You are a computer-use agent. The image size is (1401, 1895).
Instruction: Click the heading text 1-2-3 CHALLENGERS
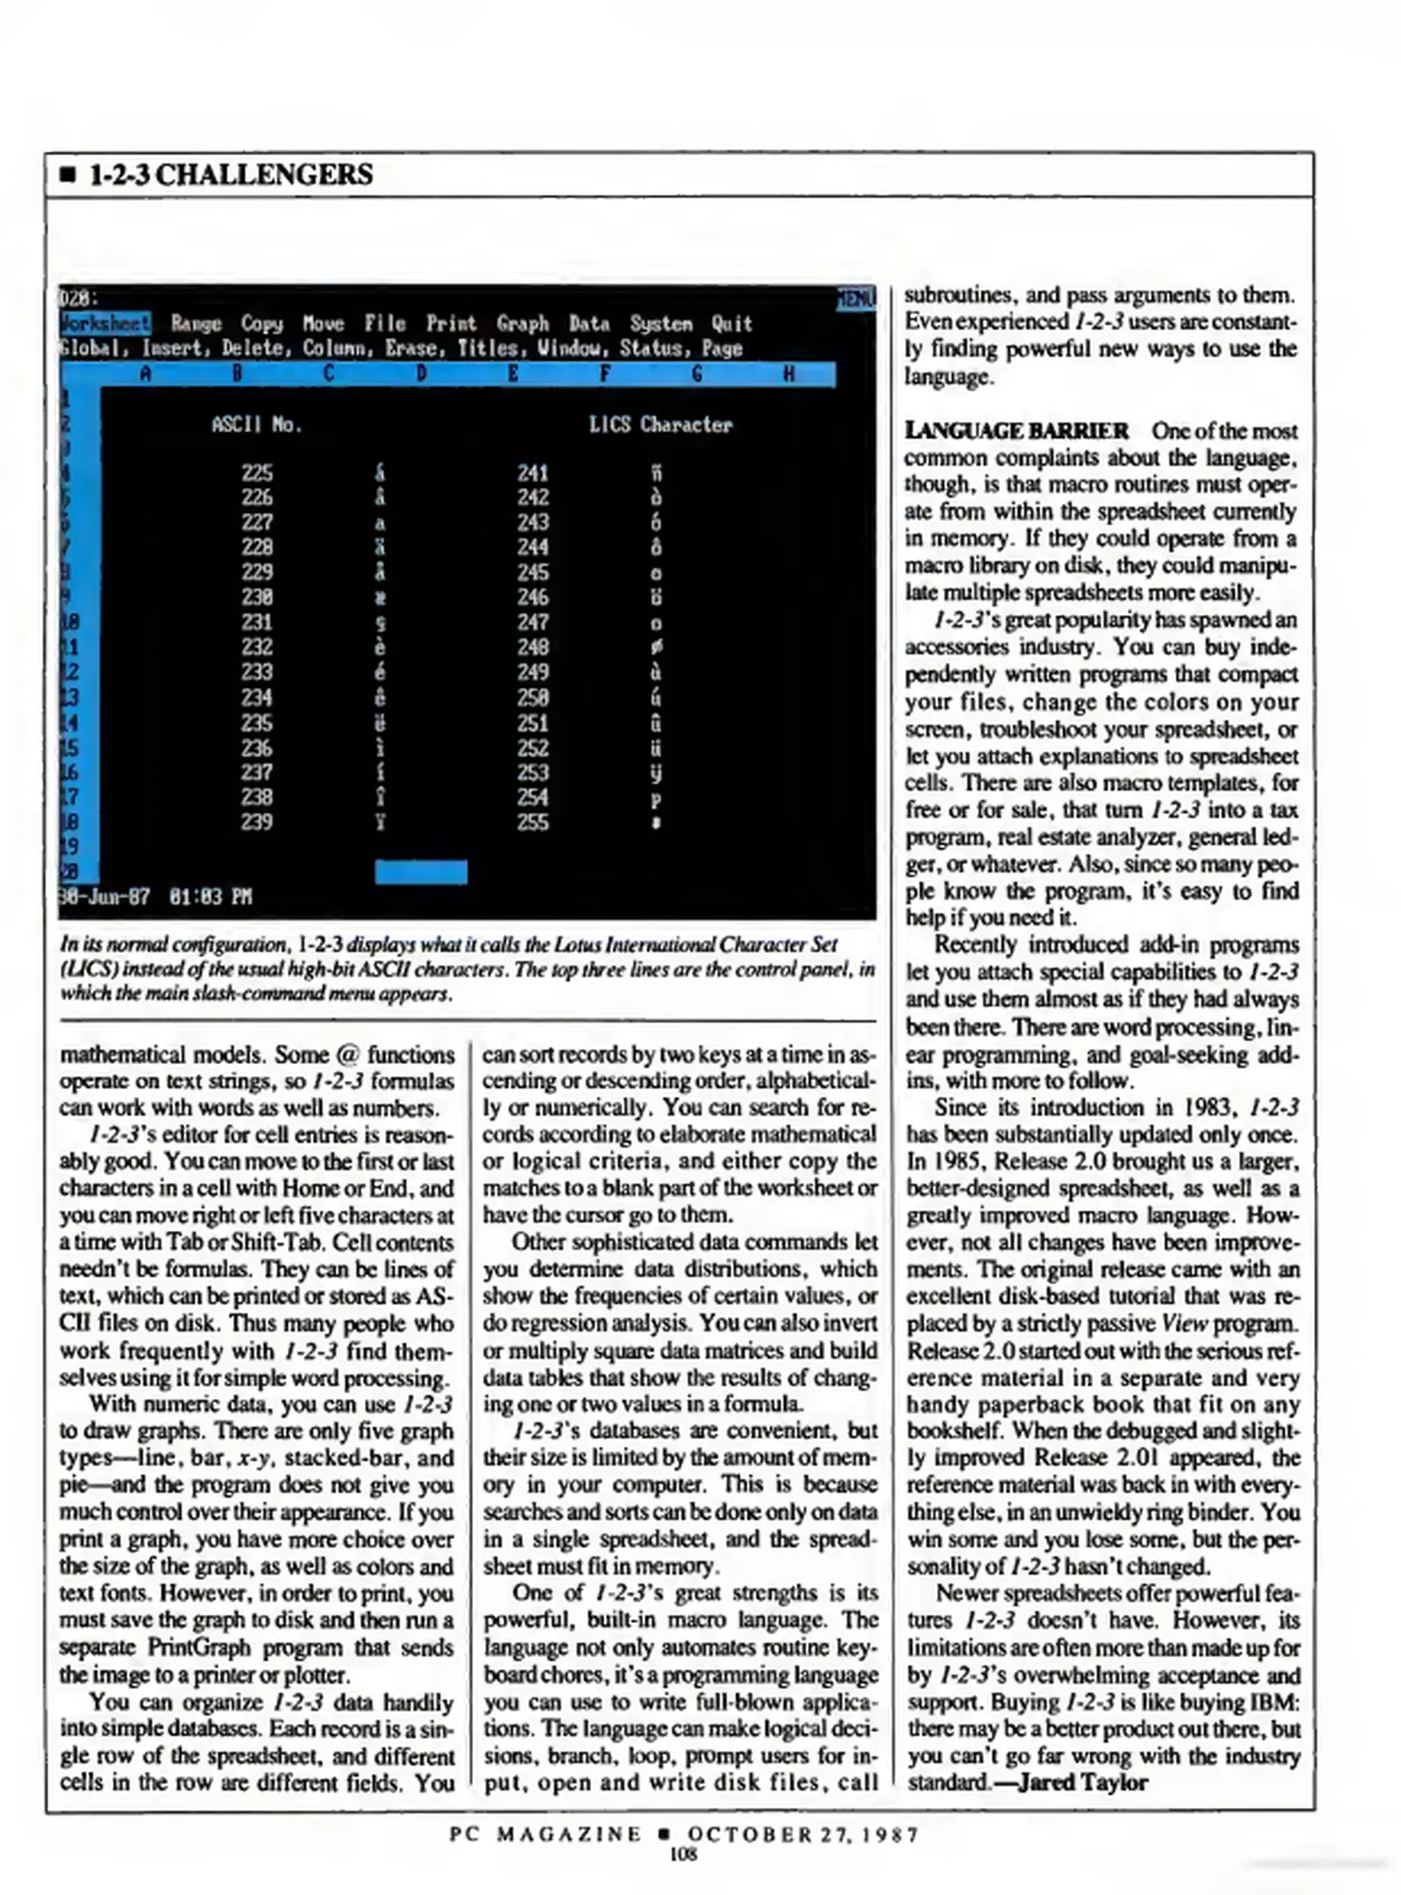231,175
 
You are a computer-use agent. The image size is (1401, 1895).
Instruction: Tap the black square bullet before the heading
68,175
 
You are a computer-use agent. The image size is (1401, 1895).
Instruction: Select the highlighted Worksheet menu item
105,323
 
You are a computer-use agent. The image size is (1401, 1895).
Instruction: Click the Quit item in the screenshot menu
731,324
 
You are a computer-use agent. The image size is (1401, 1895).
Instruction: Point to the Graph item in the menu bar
522,324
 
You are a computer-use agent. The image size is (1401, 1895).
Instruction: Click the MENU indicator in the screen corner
855,298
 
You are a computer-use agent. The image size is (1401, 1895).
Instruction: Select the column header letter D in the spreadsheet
421,375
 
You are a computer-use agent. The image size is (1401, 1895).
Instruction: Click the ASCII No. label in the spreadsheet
256,425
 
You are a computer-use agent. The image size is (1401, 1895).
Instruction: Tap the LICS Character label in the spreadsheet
660,425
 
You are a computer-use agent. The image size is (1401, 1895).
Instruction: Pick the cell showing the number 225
257,473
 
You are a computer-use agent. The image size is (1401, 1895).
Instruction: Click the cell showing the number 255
533,822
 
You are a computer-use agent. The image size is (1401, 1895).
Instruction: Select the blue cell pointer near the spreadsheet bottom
420,871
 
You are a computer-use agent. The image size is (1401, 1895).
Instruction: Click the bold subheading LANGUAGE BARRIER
1016,431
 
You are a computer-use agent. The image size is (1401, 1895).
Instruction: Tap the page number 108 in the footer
683,1852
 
